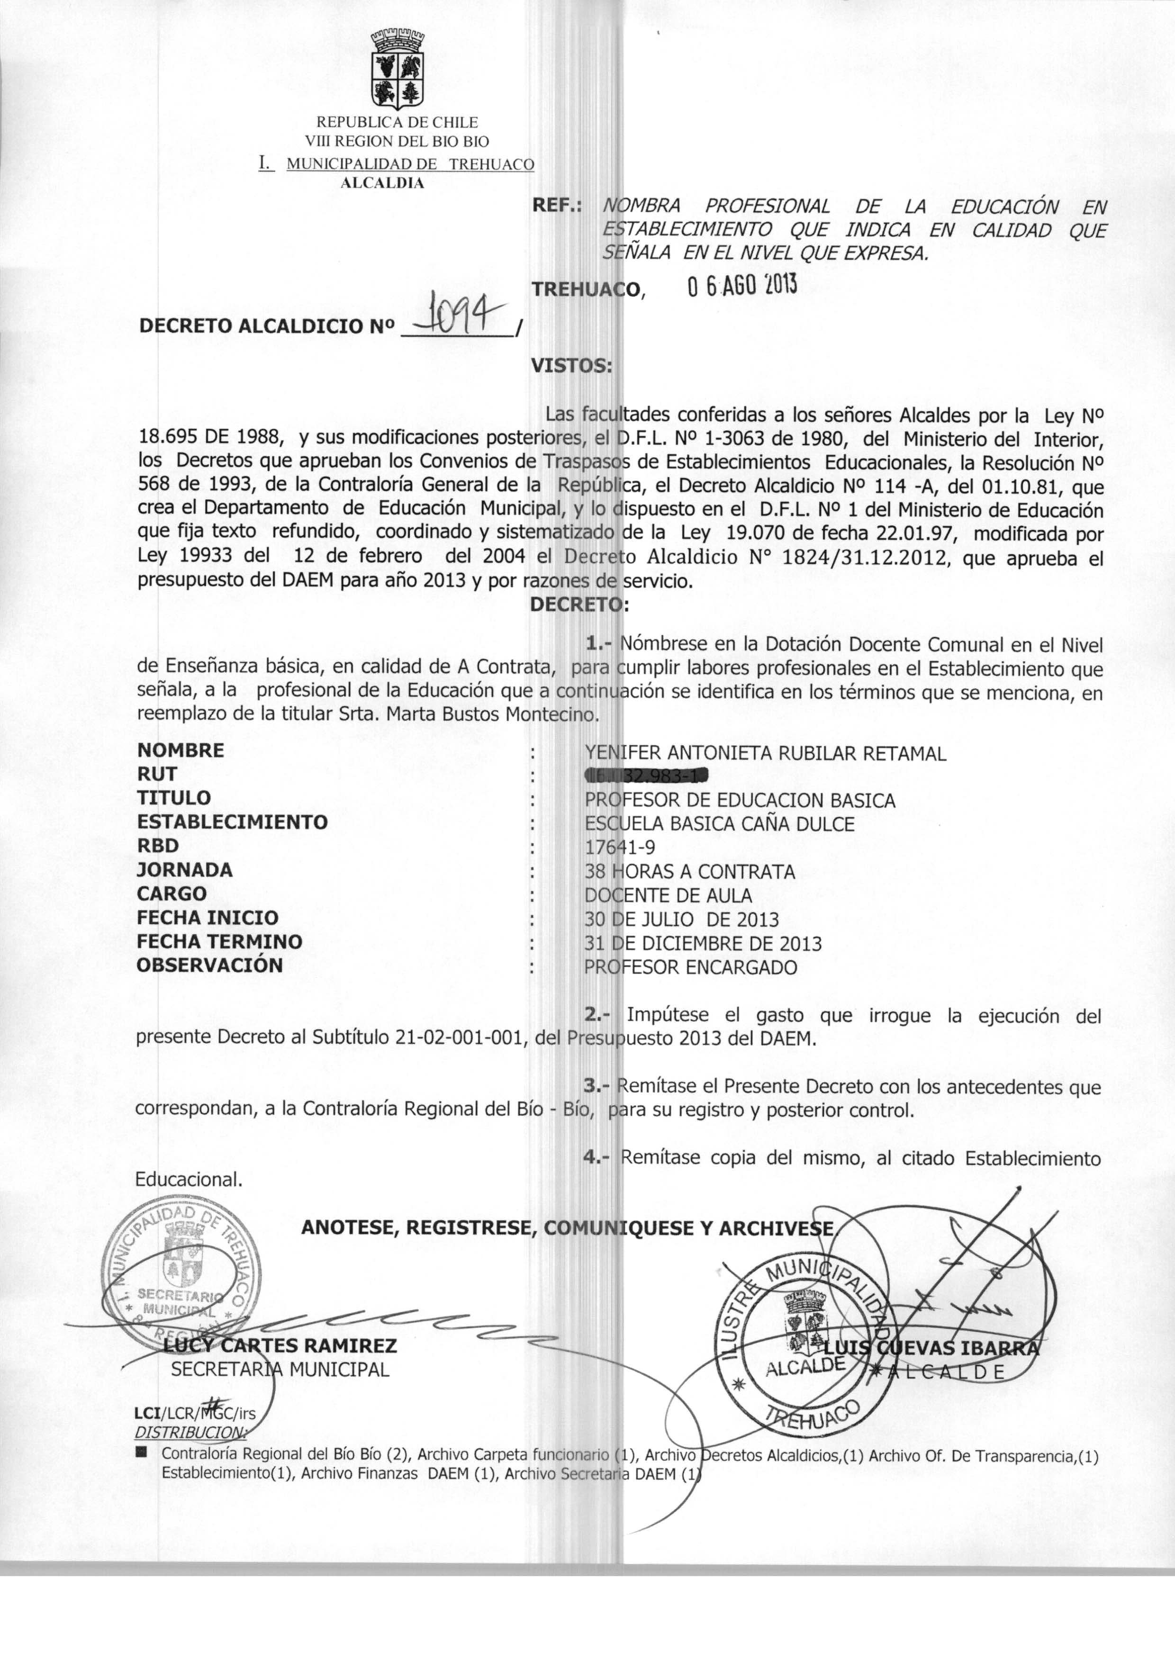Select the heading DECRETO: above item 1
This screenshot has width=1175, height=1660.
[x=579, y=604]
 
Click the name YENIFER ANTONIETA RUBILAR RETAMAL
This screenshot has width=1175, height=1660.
[x=765, y=754]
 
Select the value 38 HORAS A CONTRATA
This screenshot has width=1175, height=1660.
[x=689, y=872]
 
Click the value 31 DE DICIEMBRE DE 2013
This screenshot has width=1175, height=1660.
[x=703, y=944]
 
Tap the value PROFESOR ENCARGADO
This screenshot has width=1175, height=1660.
[x=690, y=968]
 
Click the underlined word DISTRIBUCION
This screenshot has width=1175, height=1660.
[x=190, y=1433]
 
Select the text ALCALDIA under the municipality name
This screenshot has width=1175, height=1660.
[x=382, y=183]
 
